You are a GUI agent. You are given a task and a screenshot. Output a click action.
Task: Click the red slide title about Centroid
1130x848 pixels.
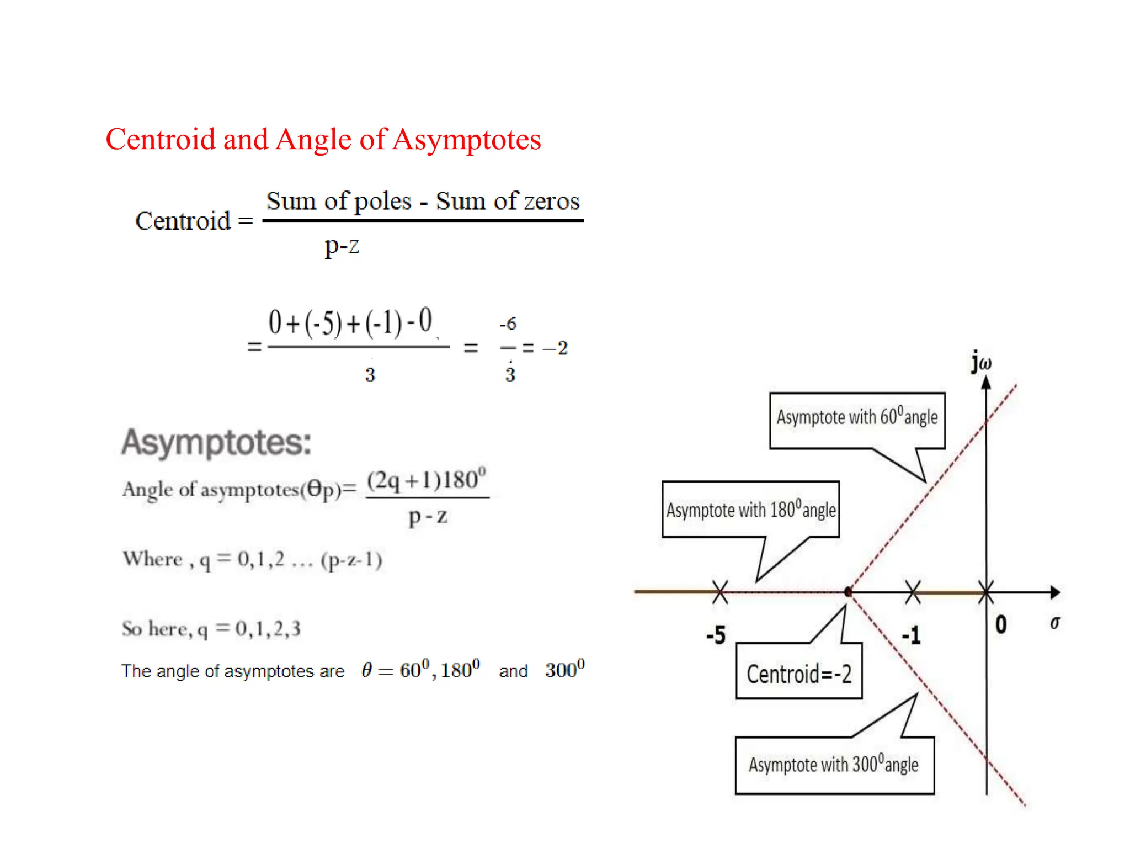click(x=323, y=139)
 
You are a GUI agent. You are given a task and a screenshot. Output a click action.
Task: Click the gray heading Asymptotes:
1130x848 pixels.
click(x=216, y=442)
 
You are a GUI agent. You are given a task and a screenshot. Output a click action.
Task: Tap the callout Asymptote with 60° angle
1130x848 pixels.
click(x=857, y=418)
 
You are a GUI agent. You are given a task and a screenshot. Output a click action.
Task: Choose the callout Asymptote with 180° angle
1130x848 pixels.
click(x=750, y=510)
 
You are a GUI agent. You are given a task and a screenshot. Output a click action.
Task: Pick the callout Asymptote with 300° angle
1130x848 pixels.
click(x=834, y=765)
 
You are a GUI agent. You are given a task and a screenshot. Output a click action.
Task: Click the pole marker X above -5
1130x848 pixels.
click(x=720, y=592)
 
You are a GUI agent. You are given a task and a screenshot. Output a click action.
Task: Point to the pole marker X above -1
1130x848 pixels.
click(x=913, y=592)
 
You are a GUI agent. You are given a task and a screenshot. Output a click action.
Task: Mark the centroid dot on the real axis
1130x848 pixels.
click(x=849, y=592)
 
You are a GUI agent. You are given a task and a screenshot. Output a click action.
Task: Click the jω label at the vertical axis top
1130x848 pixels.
click(x=982, y=362)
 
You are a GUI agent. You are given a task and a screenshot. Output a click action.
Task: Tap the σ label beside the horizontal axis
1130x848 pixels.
click(x=1055, y=623)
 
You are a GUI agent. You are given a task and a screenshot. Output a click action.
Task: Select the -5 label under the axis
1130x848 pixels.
click(x=716, y=635)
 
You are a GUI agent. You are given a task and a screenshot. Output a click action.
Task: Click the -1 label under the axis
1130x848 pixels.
click(x=912, y=635)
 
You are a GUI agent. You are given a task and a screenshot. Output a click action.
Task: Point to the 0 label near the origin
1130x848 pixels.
click(x=1001, y=625)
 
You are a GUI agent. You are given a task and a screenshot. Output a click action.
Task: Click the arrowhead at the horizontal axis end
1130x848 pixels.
click(x=1055, y=592)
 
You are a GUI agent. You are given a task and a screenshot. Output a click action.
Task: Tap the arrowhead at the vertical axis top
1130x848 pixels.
click(x=986, y=382)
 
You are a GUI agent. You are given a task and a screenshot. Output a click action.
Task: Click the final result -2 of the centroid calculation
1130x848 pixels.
click(x=556, y=348)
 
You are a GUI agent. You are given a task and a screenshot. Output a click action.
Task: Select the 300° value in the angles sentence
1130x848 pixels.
click(x=564, y=670)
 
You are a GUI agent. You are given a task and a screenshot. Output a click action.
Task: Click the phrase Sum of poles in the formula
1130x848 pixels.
click(x=339, y=201)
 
